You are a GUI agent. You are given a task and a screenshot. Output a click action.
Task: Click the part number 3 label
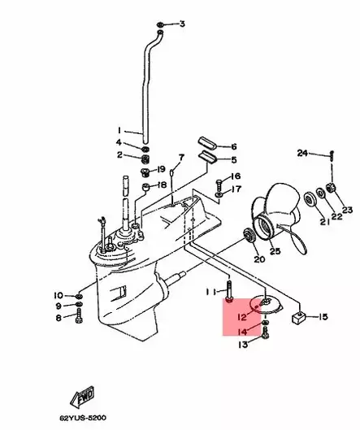(x=182, y=24)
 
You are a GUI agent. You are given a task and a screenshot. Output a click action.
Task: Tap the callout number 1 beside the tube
(x=119, y=130)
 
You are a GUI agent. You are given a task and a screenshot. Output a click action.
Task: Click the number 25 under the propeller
(x=275, y=252)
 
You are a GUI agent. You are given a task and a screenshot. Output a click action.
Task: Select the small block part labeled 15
(x=296, y=317)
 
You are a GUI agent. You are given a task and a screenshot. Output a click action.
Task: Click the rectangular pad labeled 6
(x=209, y=146)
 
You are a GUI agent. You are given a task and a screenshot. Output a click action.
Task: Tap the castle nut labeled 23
(x=332, y=189)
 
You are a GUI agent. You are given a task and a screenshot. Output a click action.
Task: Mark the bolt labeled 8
(x=79, y=317)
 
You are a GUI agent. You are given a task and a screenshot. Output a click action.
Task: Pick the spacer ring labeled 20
(x=246, y=237)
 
